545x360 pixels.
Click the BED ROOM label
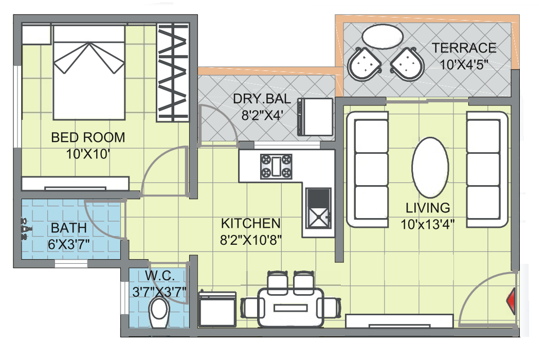(88, 138)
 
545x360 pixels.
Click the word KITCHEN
(250, 224)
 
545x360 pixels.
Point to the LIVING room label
(428, 208)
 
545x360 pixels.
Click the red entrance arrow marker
(512, 300)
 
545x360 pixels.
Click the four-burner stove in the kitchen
(277, 166)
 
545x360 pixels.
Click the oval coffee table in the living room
(431, 167)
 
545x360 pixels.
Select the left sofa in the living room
(368, 169)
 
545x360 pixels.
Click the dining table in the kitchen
(291, 307)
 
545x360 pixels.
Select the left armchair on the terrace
(365, 64)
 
